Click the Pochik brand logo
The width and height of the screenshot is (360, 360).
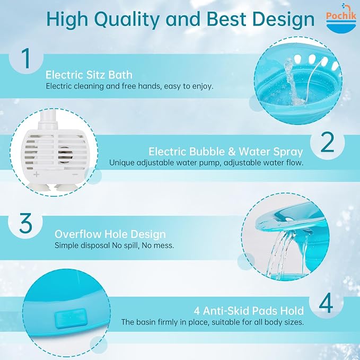coord(341,19)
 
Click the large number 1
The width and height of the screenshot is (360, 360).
coord(27,58)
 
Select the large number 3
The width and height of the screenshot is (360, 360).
coord(25,223)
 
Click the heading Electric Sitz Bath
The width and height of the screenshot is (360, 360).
coord(89,75)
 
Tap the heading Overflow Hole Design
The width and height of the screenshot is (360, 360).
coord(110,234)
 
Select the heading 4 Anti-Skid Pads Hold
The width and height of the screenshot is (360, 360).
coord(249,311)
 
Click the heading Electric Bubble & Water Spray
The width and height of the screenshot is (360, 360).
coord(226,152)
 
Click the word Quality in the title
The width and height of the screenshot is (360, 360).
coord(127,19)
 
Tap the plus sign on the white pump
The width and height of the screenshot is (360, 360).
coord(36,174)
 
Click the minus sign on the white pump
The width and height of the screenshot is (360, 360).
coord(75,174)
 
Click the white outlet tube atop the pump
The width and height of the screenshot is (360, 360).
coord(48,119)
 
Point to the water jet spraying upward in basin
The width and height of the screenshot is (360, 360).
coord(291,81)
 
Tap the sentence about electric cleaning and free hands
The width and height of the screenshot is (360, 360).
coord(129,86)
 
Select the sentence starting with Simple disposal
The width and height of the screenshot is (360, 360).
coord(114,245)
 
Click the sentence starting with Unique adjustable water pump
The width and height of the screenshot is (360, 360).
coord(206,163)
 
